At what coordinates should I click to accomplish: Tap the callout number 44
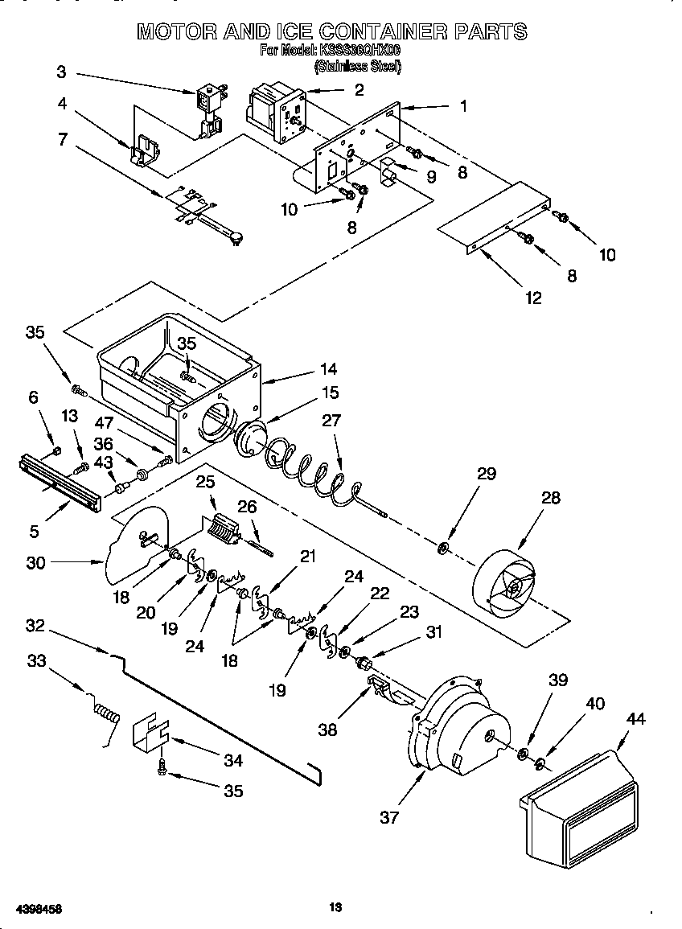(635, 720)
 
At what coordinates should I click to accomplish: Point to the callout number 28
(551, 499)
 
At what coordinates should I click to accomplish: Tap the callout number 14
(327, 370)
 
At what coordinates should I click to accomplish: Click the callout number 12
(533, 298)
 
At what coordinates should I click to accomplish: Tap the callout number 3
(62, 72)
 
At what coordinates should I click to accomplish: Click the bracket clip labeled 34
(150, 730)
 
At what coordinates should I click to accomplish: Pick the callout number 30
(35, 563)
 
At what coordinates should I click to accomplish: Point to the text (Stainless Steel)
(357, 68)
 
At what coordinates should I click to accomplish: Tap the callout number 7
(62, 138)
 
